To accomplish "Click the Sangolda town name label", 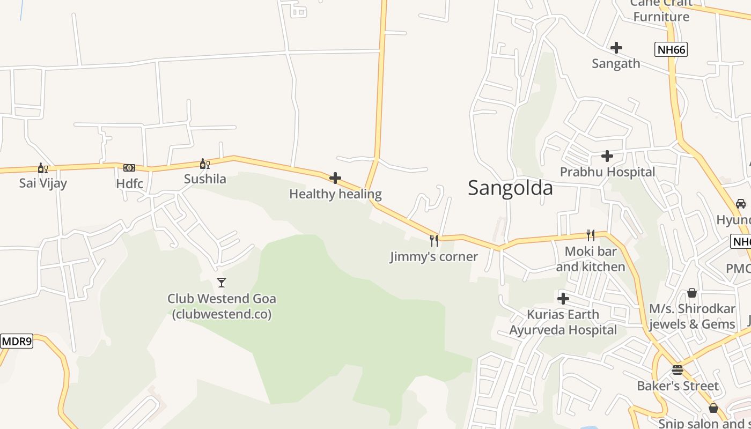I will [510, 188].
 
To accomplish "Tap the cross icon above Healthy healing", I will [335, 178].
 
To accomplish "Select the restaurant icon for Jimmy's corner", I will [433, 241].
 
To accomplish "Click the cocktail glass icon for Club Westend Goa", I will [221, 282].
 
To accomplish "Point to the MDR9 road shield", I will [17, 341].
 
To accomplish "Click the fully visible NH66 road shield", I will [671, 50].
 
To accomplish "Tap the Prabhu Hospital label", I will [607, 172].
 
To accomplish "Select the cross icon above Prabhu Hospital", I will [607, 156].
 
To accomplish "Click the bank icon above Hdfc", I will [129, 168].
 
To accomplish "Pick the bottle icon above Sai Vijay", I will [42, 168].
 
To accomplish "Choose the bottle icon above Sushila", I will [204, 164].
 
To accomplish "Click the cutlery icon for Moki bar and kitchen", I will [590, 235].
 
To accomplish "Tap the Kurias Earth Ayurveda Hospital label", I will [563, 322].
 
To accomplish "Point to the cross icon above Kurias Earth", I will [563, 299].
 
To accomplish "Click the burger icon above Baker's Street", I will [678, 370].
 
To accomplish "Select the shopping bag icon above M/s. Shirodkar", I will [692, 293].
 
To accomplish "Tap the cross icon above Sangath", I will [616, 48].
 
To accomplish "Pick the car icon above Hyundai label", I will [740, 204].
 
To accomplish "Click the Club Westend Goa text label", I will [222, 306].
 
